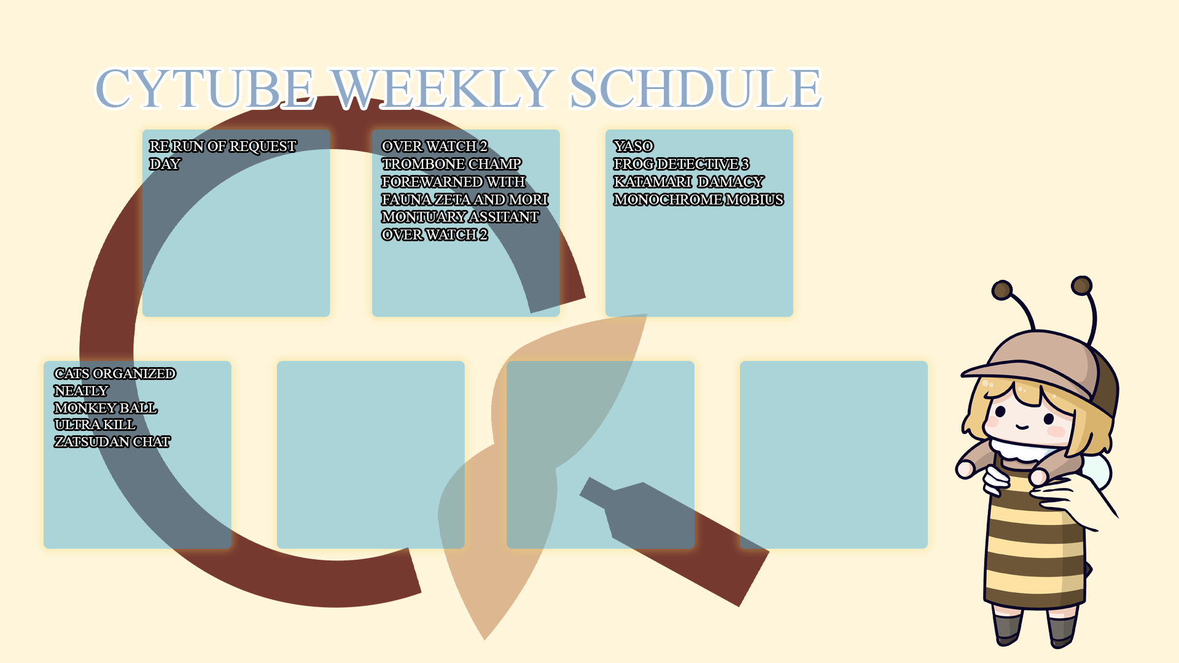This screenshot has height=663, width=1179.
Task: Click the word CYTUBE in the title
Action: click(205, 88)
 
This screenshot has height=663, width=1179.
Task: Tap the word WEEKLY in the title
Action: click(442, 88)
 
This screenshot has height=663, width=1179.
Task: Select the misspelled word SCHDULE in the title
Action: click(695, 88)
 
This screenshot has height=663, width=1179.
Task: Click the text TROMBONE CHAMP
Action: click(451, 164)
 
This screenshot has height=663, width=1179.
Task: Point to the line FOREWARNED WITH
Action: click(453, 182)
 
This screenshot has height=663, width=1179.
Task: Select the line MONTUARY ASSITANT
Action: click(460, 217)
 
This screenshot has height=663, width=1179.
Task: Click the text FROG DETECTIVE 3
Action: click(681, 164)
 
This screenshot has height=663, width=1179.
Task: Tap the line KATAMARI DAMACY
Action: click(688, 182)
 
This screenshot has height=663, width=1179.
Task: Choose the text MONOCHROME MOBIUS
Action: click(698, 200)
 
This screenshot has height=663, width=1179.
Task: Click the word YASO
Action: click(633, 146)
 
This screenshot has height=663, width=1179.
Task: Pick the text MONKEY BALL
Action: click(106, 408)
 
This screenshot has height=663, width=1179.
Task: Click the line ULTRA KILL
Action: click(95, 424)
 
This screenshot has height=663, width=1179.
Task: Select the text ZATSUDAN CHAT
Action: click(112, 441)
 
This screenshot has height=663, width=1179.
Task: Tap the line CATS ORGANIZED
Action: click(115, 373)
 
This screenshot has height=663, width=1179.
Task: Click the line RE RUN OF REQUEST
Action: click(223, 146)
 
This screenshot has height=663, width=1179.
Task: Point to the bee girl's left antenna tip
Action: click(1002, 290)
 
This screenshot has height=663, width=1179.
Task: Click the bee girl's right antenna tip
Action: click(1081, 285)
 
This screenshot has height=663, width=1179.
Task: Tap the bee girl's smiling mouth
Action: click(1021, 426)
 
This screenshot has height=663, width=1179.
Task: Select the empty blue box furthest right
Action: click(834, 455)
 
